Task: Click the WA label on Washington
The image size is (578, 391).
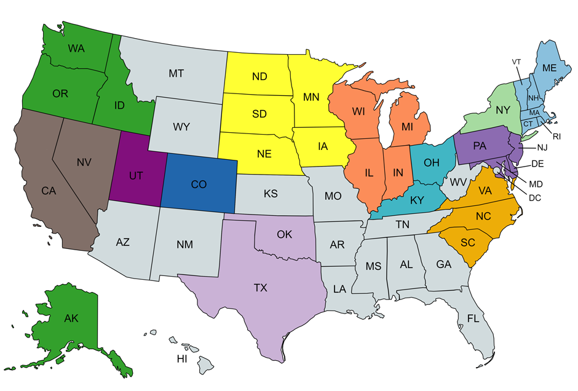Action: (x=76, y=48)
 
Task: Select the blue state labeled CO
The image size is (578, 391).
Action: (x=199, y=184)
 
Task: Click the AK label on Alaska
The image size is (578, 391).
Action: (x=71, y=318)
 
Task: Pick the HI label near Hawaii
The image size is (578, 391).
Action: (x=182, y=358)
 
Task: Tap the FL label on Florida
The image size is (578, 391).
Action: (x=472, y=319)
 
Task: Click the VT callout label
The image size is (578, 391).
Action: (x=517, y=62)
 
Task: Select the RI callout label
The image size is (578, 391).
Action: (x=557, y=136)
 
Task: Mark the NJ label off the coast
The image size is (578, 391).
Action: (x=542, y=148)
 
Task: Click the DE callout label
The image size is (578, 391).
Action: (x=537, y=164)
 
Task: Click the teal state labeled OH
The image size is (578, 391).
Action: (x=432, y=163)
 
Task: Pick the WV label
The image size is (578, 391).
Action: (x=457, y=183)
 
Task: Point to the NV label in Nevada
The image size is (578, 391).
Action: (x=84, y=162)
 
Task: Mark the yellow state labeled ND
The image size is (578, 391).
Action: (x=259, y=77)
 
